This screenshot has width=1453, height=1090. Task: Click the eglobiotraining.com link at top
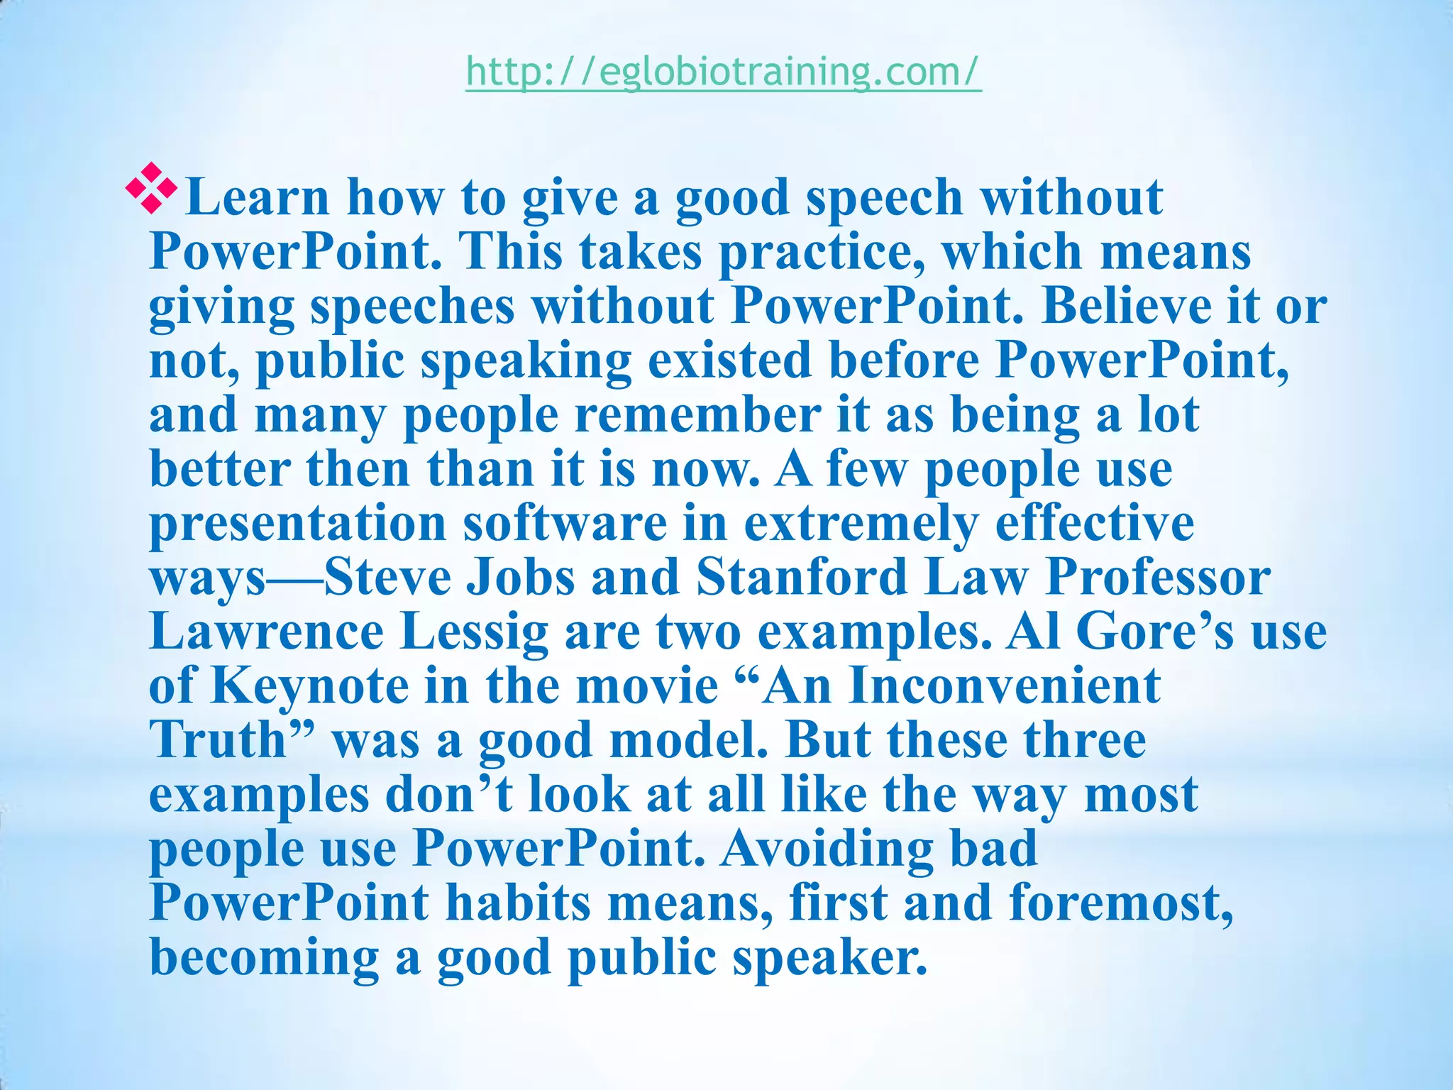[724, 72]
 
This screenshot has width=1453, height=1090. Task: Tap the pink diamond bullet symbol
[150, 189]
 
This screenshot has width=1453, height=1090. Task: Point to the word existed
[729, 360]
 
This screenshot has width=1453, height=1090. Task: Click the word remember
[697, 415]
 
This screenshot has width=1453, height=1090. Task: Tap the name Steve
[388, 578]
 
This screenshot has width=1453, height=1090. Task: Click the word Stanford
[802, 578]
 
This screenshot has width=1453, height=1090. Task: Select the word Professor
[1157, 578]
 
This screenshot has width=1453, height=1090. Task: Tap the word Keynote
[309, 686]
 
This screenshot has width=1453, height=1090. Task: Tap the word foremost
[1122, 903]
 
